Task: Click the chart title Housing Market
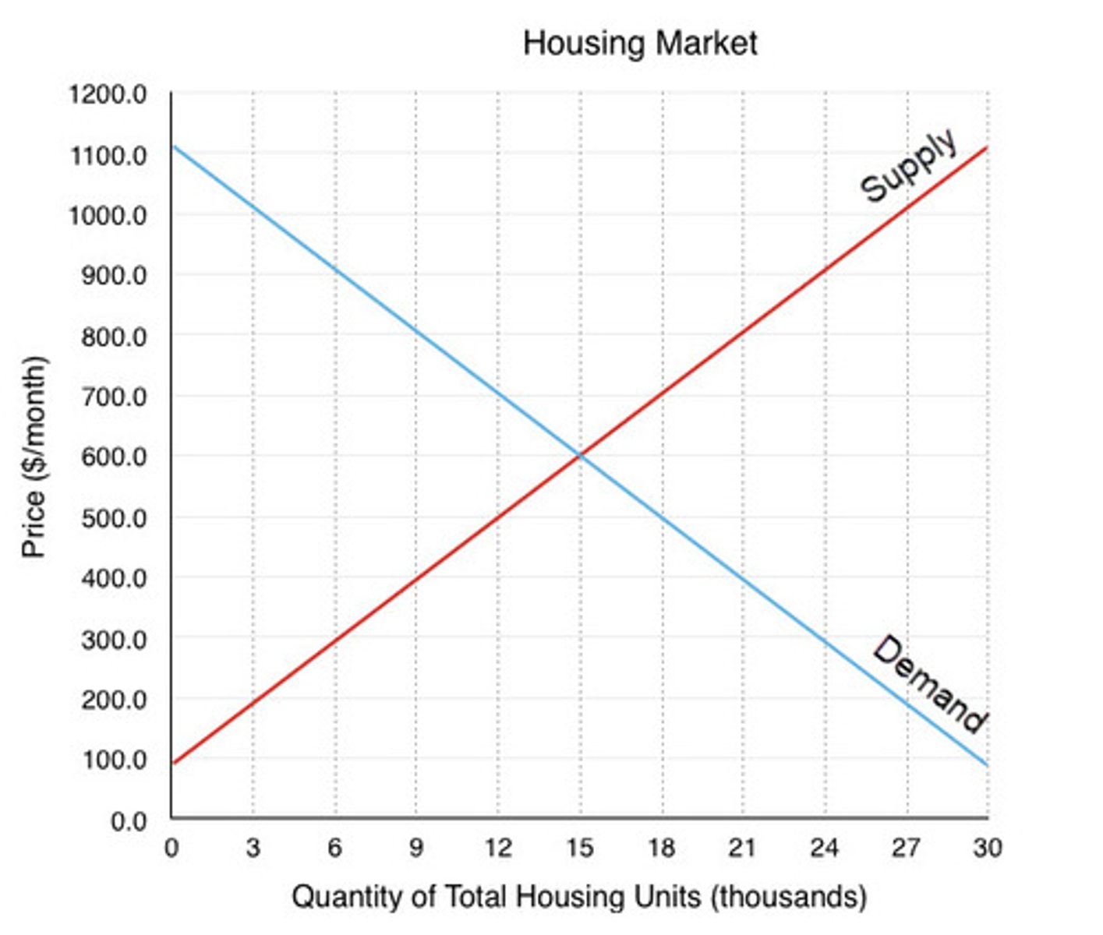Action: [x=639, y=43]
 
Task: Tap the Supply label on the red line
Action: [x=908, y=165]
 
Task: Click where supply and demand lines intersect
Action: [x=580, y=455]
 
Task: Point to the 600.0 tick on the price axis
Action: [x=114, y=457]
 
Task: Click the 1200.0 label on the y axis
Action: [x=108, y=94]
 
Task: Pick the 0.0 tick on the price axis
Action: [x=128, y=821]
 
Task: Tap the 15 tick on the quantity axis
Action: [x=579, y=847]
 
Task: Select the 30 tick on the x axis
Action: [x=987, y=847]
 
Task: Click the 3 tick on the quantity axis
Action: [x=253, y=847]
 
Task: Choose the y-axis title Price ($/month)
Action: [x=34, y=457]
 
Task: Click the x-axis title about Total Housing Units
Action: [x=579, y=897]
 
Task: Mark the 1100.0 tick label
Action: [x=108, y=156]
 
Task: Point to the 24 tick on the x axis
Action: [x=824, y=847]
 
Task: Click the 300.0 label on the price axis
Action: [x=114, y=639]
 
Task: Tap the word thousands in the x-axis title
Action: [x=789, y=897]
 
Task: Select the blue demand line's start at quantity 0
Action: [x=173, y=146]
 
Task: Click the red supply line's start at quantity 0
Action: [x=173, y=762]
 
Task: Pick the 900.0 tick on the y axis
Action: [x=114, y=276]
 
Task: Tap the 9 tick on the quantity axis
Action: [x=415, y=847]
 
